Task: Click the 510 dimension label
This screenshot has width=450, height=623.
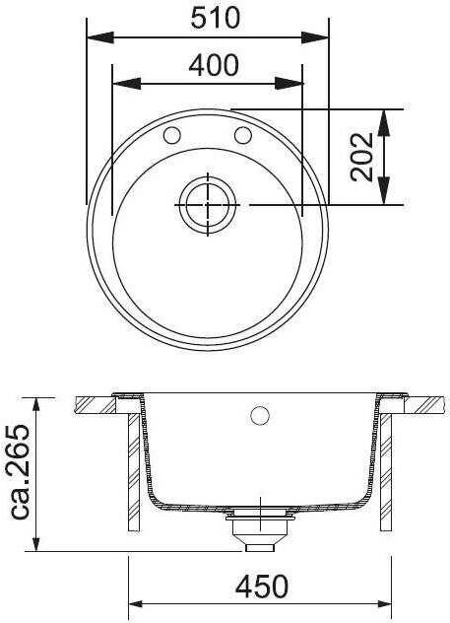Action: coord(216,18)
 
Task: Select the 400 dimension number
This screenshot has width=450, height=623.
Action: coord(214,65)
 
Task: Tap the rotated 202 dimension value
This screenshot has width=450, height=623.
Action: coord(362,157)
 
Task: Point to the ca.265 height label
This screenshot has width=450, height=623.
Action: coord(19,471)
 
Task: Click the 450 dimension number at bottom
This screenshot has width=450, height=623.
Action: coord(262,587)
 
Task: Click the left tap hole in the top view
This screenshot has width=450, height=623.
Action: coord(172,135)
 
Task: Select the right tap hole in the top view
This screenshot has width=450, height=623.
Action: coord(243,135)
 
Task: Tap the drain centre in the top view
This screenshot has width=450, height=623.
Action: coord(208,205)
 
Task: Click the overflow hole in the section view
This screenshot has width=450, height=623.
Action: coord(260,416)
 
